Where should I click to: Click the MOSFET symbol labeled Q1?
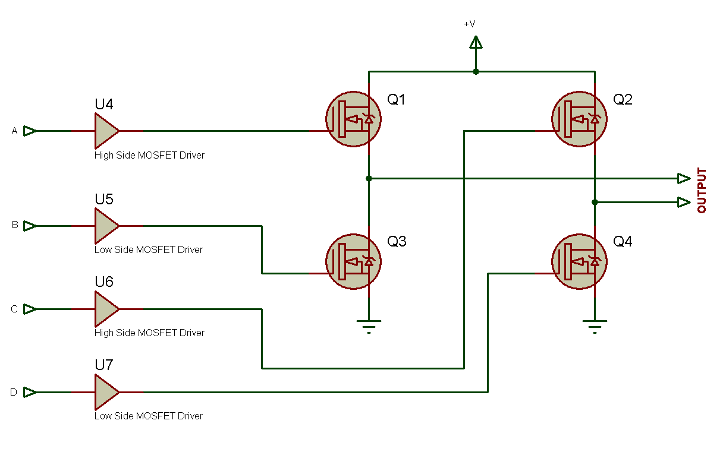point(354,119)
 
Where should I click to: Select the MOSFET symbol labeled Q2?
point(580,119)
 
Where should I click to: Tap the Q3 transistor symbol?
point(354,261)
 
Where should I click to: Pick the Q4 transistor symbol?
point(580,261)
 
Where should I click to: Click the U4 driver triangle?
point(106,131)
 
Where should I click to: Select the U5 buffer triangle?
point(106,226)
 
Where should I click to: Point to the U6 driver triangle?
point(106,309)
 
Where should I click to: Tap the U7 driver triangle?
point(106,392)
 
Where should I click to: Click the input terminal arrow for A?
point(30,131)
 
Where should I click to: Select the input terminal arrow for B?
point(30,226)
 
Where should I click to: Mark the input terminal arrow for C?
point(30,309)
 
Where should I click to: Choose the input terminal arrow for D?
point(30,392)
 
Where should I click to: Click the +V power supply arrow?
point(476,42)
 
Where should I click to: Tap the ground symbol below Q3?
point(369,325)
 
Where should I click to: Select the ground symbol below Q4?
point(595,325)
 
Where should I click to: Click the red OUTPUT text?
point(702,191)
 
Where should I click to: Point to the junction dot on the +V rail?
point(476,71)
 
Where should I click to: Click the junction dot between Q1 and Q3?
point(369,178)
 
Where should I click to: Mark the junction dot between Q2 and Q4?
point(595,202)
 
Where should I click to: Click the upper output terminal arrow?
point(684,178)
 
